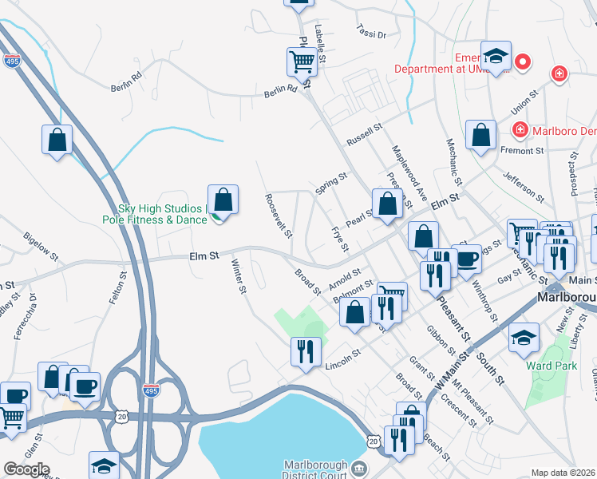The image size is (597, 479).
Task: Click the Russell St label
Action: coord(365,134)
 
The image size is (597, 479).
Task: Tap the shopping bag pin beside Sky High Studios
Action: coord(223,199)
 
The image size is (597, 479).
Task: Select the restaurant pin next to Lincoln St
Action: coord(306,351)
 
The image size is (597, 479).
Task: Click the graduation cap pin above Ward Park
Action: coord(524,337)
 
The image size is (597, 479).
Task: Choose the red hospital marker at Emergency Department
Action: coord(524,61)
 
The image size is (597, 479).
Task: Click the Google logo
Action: coord(26,469)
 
